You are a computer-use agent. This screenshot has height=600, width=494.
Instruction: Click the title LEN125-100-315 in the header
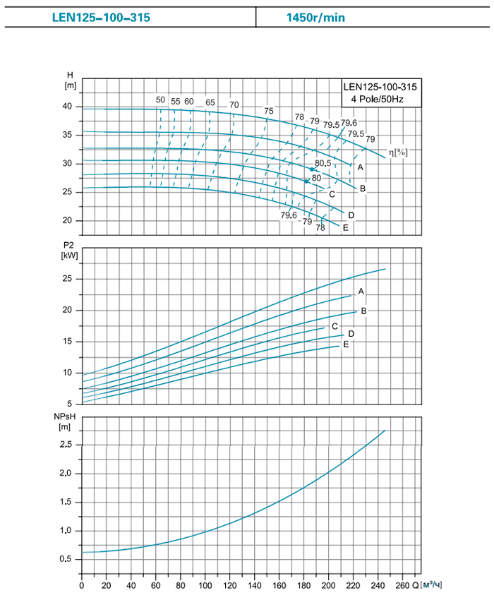[x=102, y=18]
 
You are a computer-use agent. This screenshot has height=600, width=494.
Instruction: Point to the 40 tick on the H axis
[x=68, y=107]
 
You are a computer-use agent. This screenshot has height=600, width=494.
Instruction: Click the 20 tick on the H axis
[x=68, y=221]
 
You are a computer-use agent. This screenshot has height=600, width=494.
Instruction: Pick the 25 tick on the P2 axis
[x=68, y=280]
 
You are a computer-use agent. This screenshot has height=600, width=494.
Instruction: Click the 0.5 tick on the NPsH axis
[x=67, y=560]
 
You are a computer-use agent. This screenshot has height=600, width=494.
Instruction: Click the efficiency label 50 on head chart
[x=160, y=100]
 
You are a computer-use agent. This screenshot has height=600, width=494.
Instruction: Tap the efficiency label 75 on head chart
[x=268, y=111]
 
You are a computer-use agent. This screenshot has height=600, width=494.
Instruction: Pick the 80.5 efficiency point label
[x=323, y=164]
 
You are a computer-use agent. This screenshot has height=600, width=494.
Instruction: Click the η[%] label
[x=399, y=152]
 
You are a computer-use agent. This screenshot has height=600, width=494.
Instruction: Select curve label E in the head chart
[x=345, y=227]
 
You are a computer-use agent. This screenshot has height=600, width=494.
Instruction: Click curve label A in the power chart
[x=361, y=292]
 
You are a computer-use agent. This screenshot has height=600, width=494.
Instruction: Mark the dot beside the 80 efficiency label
[x=306, y=181]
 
